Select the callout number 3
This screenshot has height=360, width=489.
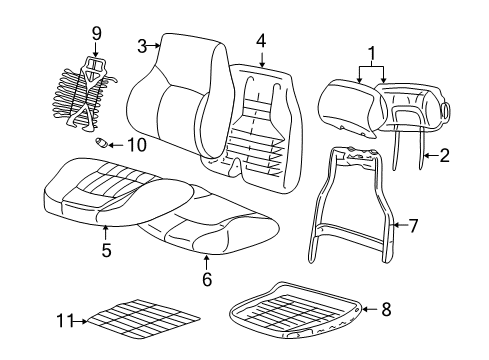pos(142,44)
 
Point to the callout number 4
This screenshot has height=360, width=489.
pos(260,41)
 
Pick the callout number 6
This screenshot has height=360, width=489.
pos(207,279)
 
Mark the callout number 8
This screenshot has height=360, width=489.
pos(385,310)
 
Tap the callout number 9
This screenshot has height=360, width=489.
pos(96,33)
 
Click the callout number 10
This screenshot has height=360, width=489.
pos(136,144)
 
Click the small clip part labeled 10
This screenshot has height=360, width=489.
pos(102,143)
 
